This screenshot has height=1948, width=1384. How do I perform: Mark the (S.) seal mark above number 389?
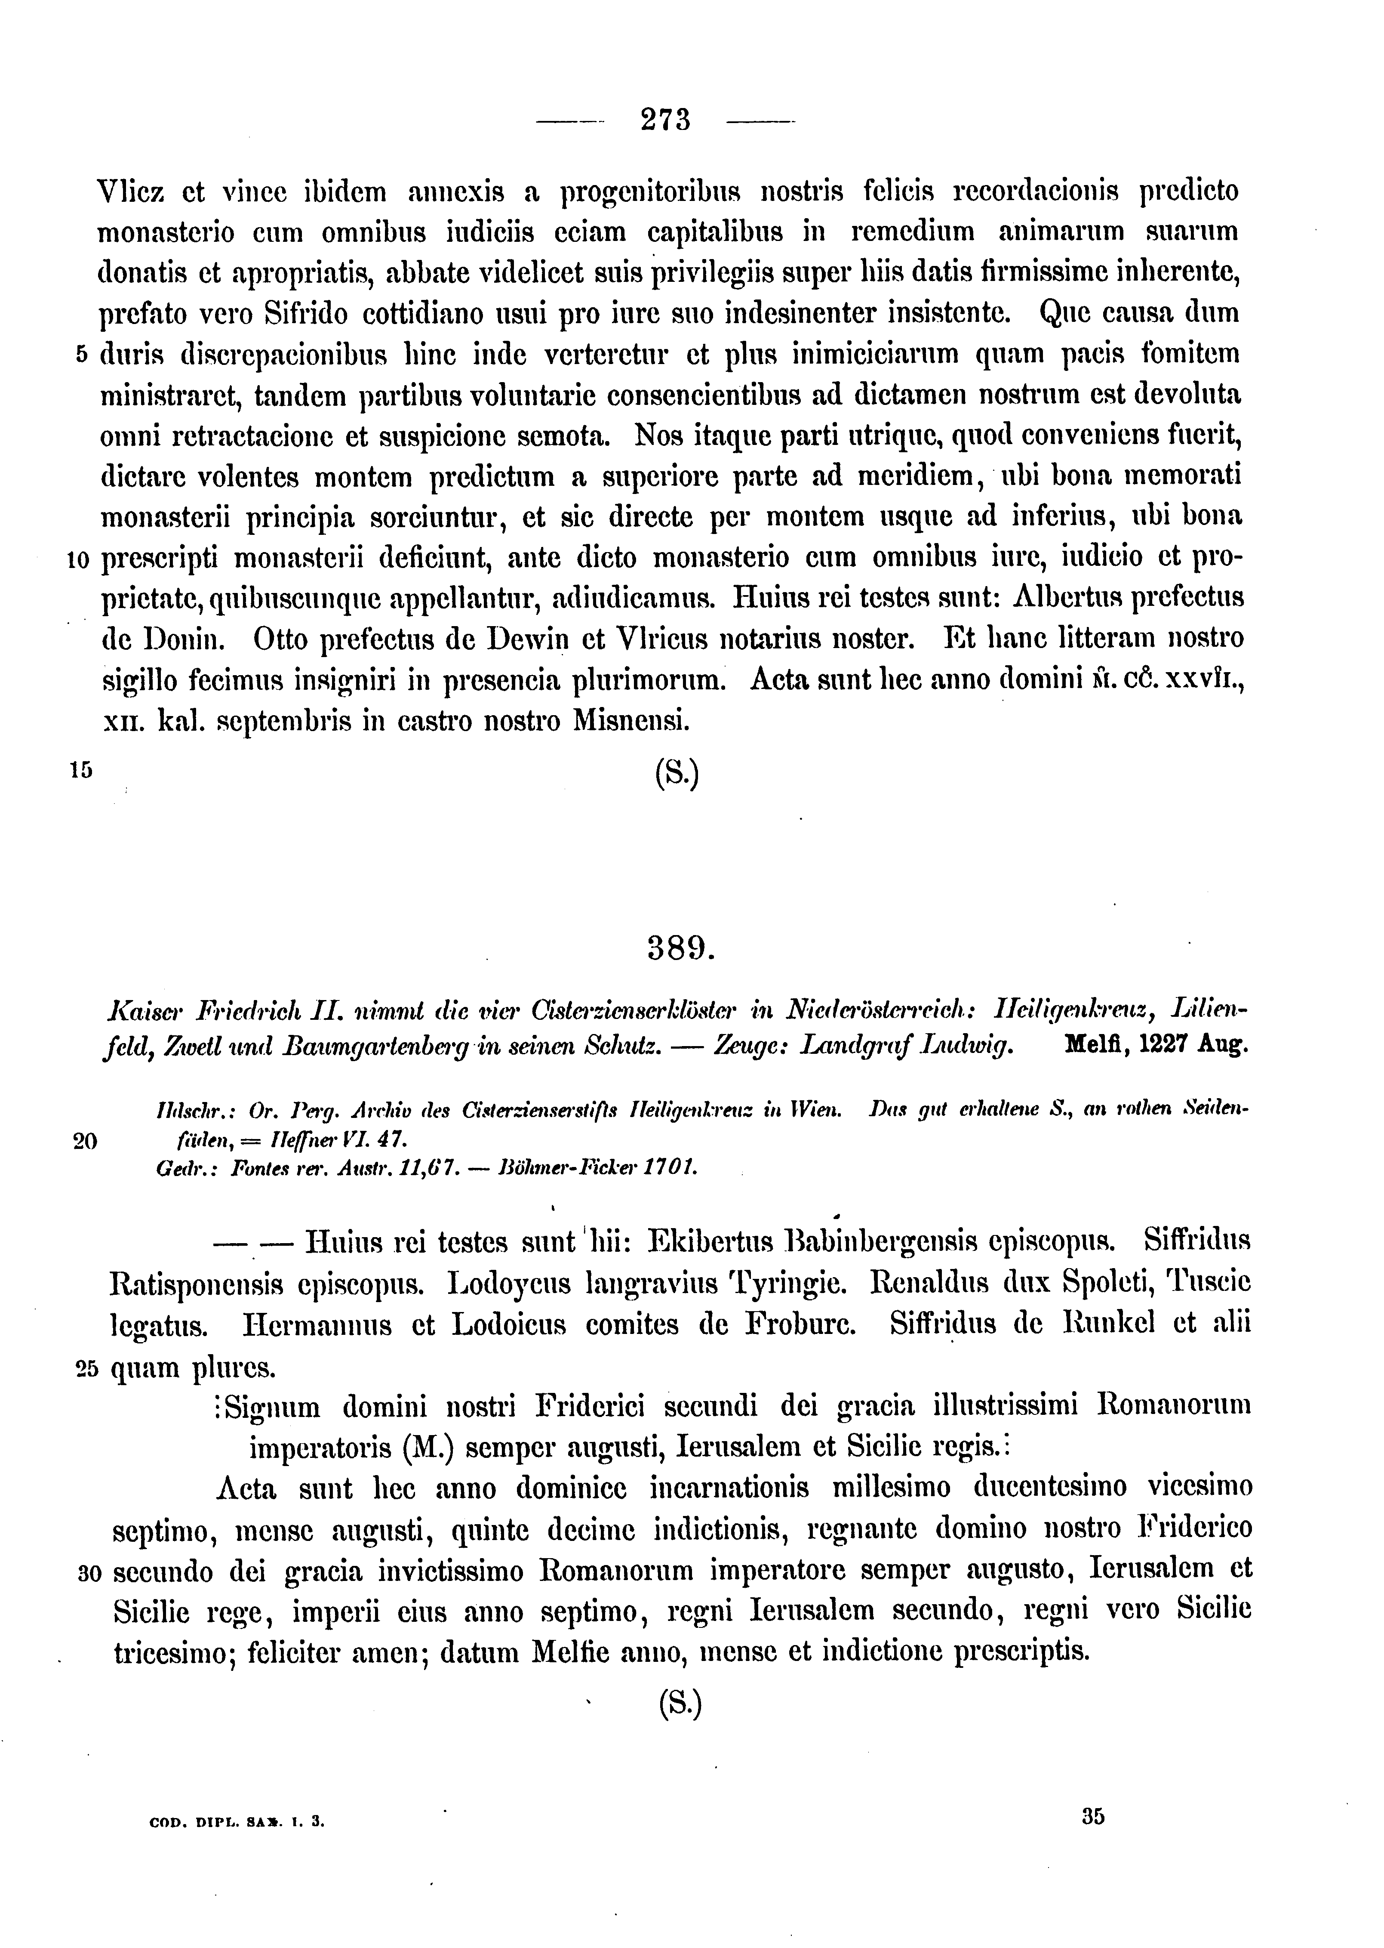[677, 773]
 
